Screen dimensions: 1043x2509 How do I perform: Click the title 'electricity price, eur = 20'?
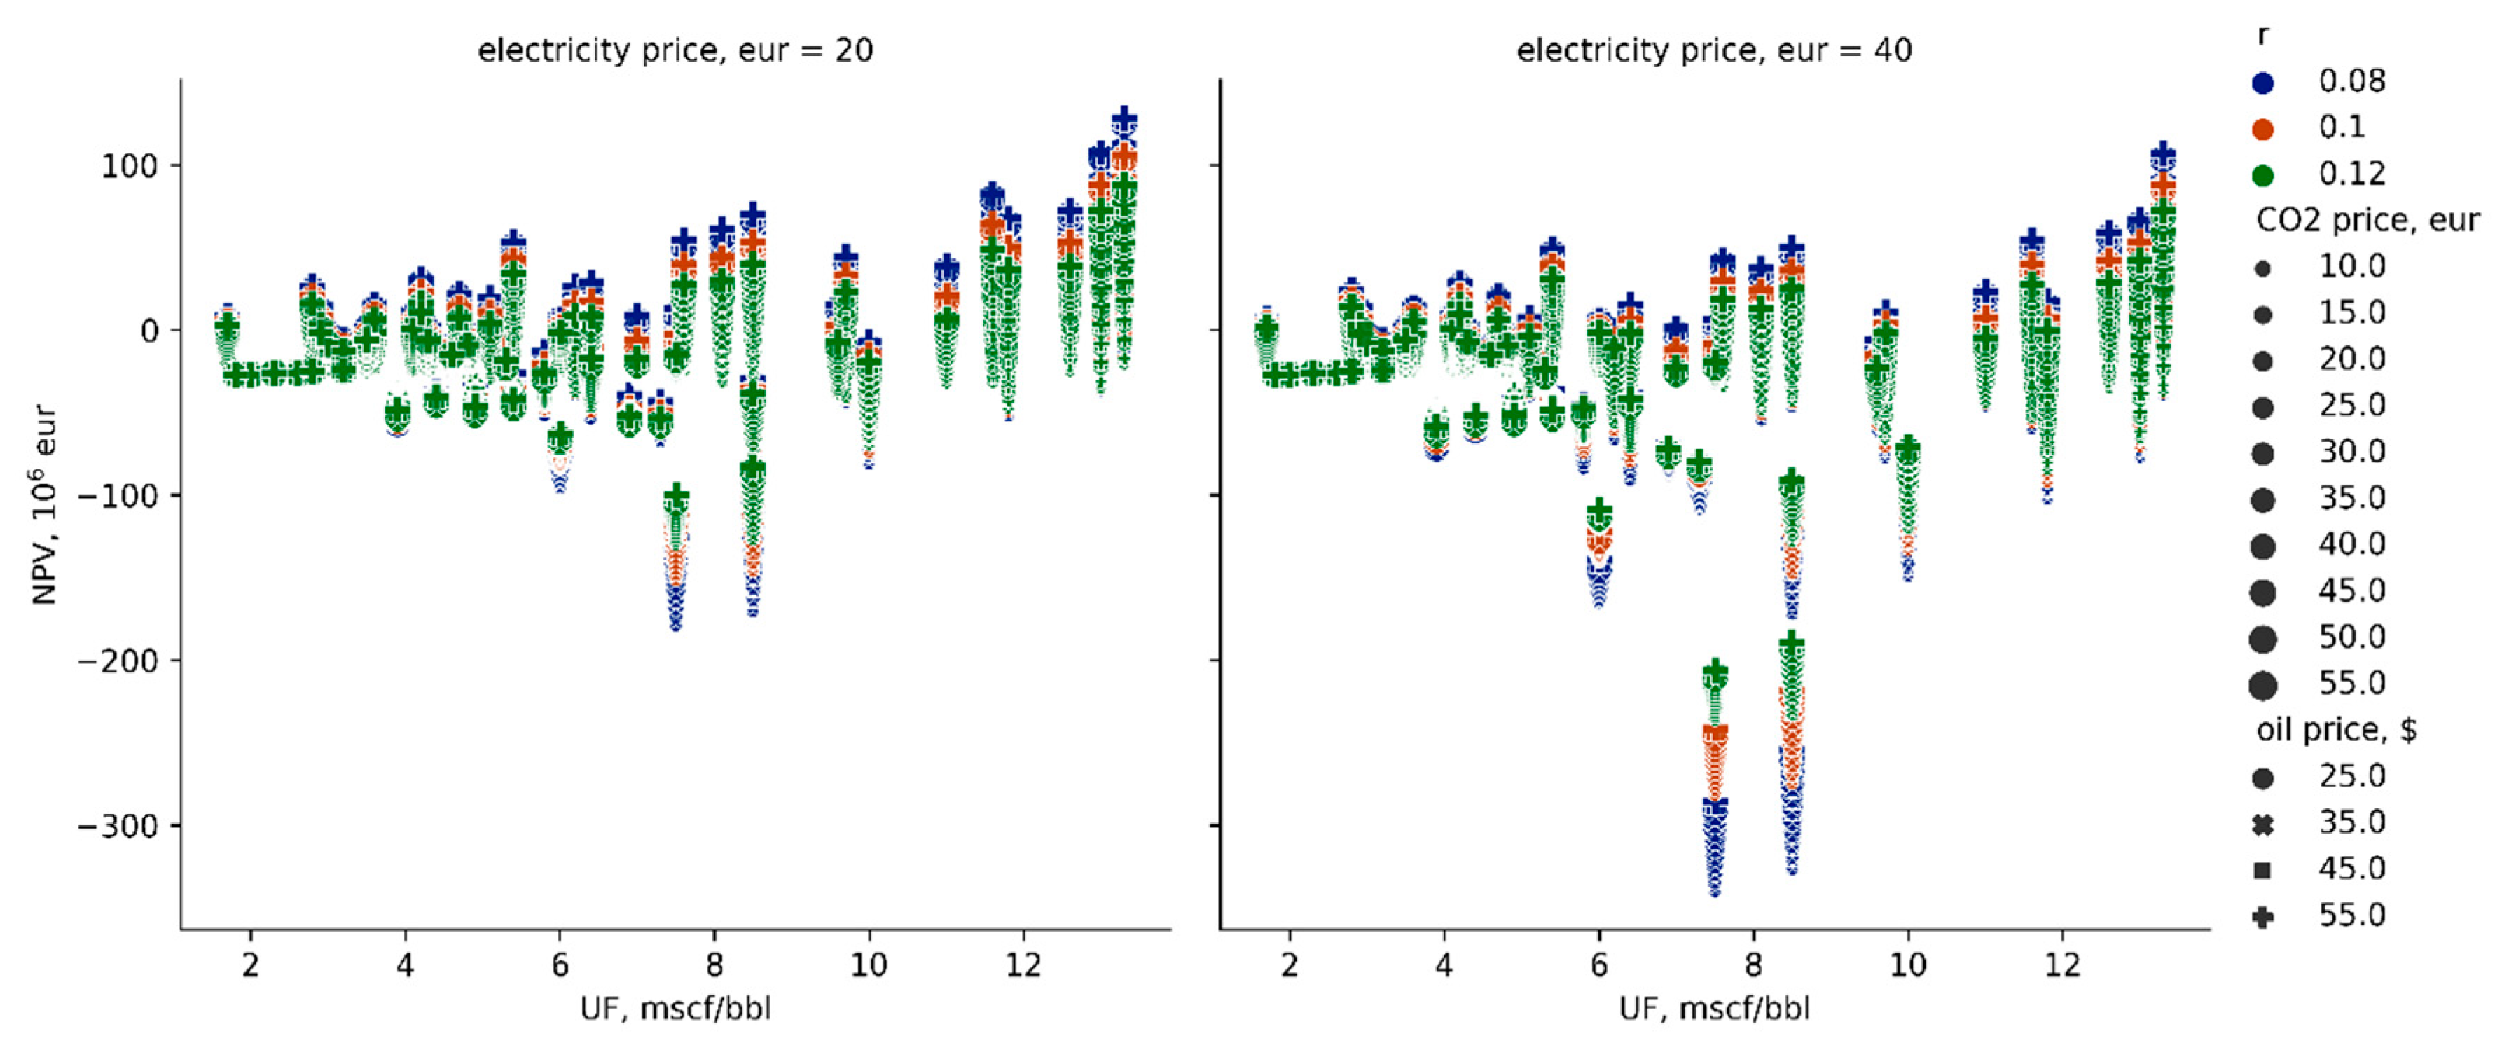coord(675,50)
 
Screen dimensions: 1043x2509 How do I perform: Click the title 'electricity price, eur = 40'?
coord(1713,50)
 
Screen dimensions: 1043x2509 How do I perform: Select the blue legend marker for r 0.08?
coord(2262,82)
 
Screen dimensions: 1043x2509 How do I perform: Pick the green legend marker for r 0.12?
coord(2262,175)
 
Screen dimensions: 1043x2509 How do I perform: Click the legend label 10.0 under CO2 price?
coord(2351,266)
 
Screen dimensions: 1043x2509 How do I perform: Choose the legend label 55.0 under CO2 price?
coord(2351,683)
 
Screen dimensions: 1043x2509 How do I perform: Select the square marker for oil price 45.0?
coord(2262,871)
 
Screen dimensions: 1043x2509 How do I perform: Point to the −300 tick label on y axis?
coord(118,826)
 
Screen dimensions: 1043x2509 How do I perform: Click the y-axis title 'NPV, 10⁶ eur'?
coord(44,506)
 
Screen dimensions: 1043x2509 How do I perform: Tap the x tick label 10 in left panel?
coord(868,965)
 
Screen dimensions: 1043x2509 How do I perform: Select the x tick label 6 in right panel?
coord(1598,965)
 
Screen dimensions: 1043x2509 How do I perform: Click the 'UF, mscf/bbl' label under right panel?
coord(1714,1008)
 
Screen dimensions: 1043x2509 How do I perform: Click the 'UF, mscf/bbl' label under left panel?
coord(675,1008)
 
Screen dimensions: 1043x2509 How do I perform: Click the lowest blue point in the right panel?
coord(1714,890)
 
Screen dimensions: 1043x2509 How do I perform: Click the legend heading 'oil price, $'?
coord(2335,729)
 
